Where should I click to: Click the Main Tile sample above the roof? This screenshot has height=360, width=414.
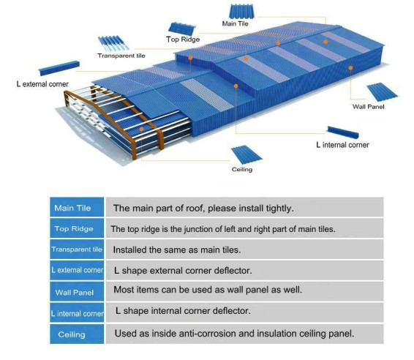click(x=242, y=12)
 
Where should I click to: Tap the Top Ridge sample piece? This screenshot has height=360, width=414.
click(x=182, y=29)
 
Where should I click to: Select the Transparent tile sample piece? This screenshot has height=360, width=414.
click(x=113, y=43)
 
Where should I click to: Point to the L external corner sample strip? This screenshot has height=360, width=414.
click(x=59, y=68)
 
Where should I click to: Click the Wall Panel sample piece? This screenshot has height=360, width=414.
click(x=382, y=92)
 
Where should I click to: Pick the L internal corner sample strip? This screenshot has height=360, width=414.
click(x=343, y=132)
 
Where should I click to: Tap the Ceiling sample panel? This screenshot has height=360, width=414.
click(x=246, y=155)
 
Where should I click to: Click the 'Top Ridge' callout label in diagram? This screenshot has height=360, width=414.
click(x=183, y=40)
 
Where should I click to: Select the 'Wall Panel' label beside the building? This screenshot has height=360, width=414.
click(x=369, y=107)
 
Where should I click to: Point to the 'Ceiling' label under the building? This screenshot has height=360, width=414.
click(x=242, y=169)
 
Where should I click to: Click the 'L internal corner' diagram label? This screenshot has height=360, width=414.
click(x=342, y=145)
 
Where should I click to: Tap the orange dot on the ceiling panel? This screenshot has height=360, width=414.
click(x=141, y=130)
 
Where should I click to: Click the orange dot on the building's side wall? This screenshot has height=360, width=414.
click(x=350, y=68)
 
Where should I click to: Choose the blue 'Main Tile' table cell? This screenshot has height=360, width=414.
click(x=77, y=208)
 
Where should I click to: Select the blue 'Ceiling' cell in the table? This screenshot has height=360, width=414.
click(x=77, y=334)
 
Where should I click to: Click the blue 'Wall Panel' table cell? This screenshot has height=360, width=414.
click(x=77, y=292)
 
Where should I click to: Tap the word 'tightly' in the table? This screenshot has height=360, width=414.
click(x=279, y=209)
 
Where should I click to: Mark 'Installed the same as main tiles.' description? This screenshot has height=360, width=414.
click(x=177, y=250)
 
